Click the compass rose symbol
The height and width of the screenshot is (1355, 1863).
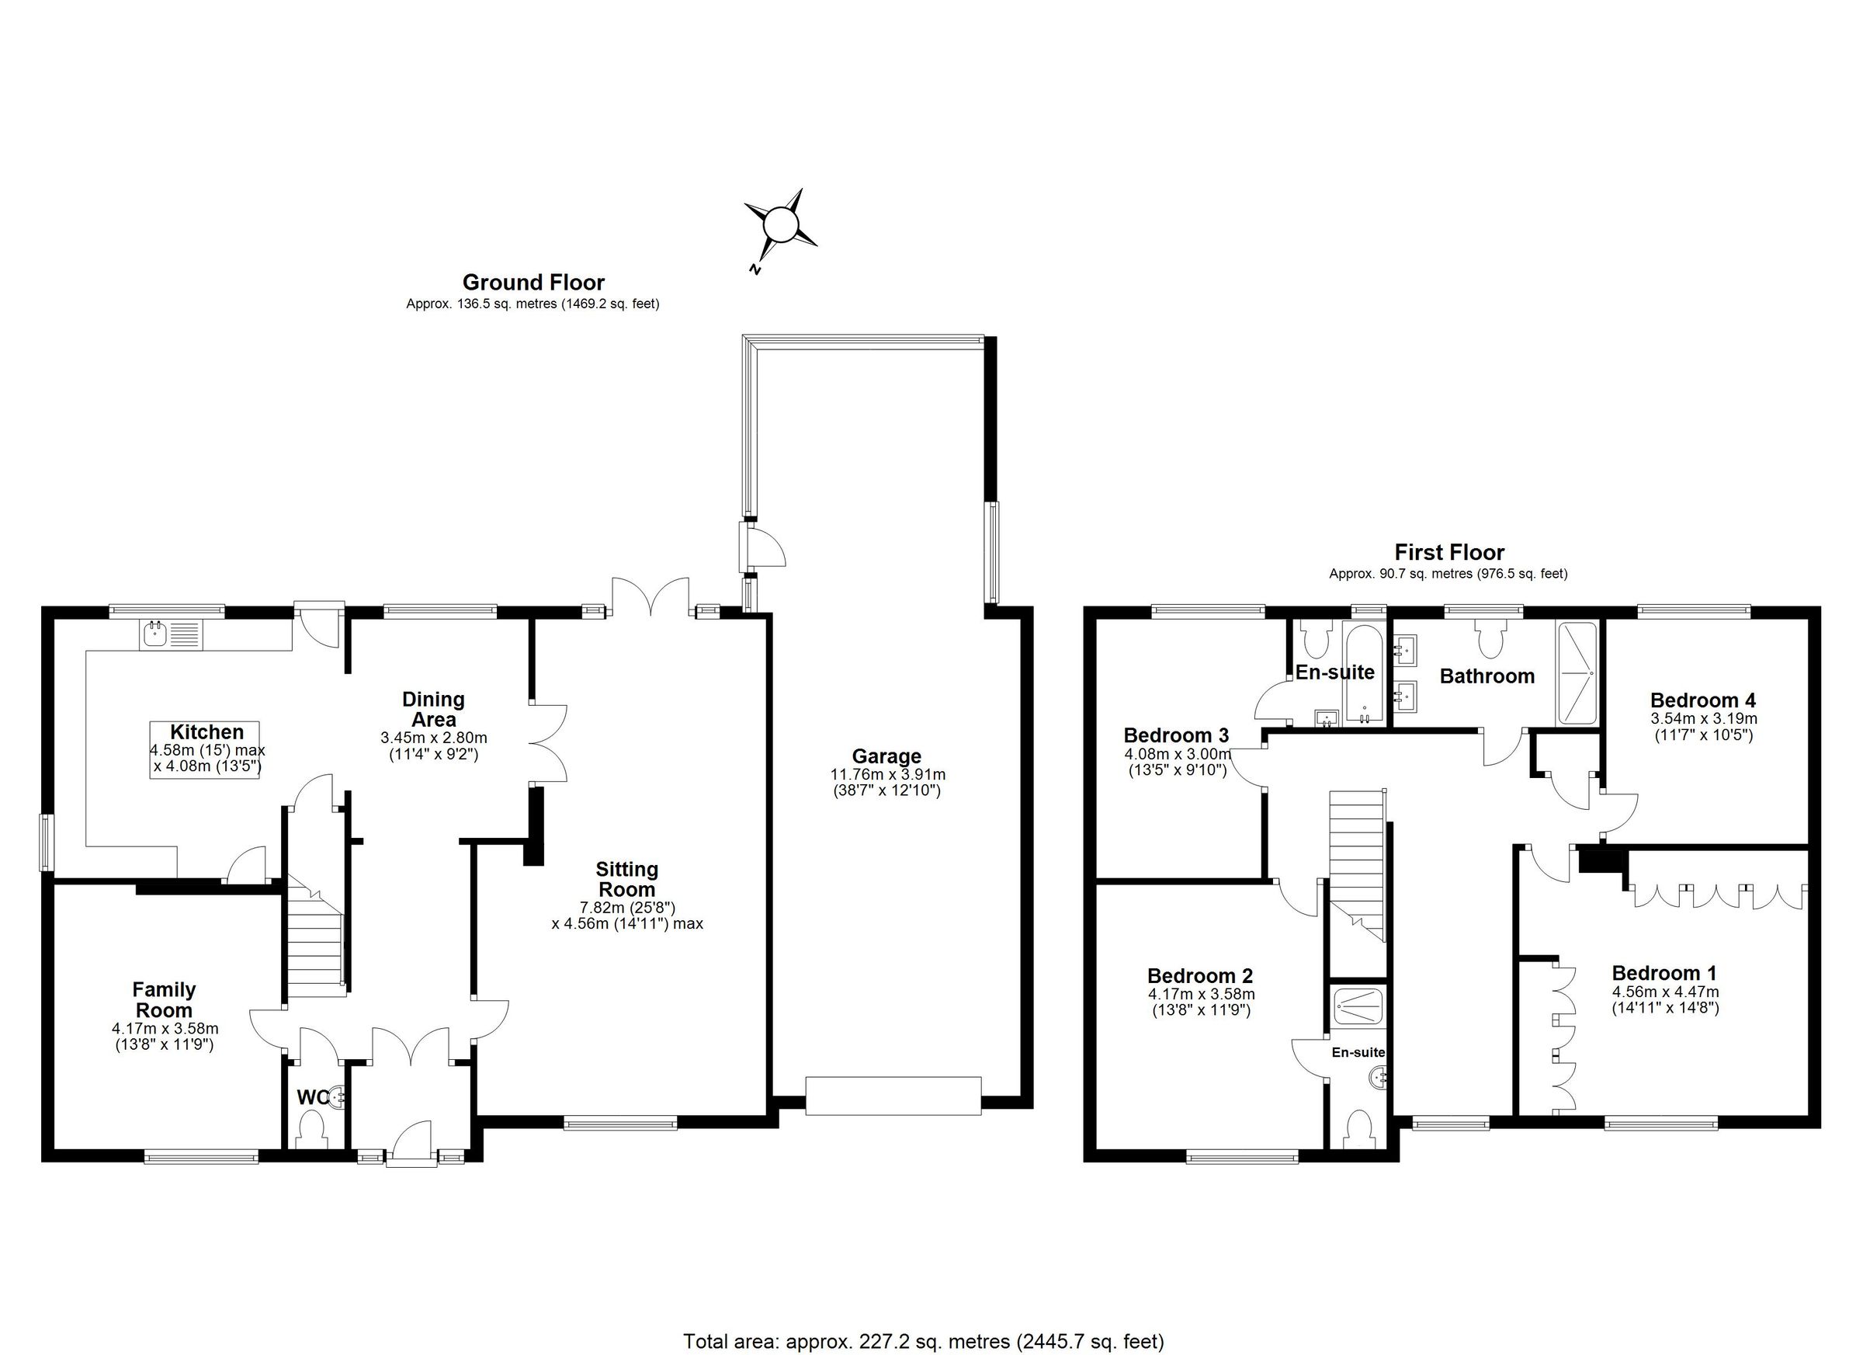(780, 224)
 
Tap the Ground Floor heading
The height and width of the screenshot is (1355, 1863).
(533, 283)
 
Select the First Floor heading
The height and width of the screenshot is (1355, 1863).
(1449, 552)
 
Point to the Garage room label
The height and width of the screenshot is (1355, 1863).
(886, 756)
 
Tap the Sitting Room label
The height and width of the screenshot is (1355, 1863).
(626, 879)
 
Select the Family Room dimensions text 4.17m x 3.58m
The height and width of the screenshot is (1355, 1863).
(165, 1028)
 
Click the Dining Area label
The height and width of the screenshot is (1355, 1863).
(433, 709)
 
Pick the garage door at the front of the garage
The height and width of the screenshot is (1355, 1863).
(893, 1096)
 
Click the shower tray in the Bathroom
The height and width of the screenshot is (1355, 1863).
(1577, 673)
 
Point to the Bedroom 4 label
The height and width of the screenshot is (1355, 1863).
(1703, 700)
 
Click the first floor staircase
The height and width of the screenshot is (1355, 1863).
(1357, 863)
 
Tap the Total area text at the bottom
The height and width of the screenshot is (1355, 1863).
(923, 1342)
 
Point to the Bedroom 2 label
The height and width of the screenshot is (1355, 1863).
(1200, 975)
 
